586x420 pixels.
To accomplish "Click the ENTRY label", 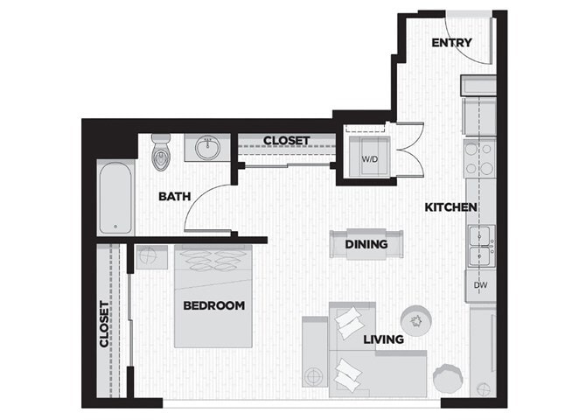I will coord(451,42).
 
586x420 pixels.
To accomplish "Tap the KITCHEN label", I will coord(450,207).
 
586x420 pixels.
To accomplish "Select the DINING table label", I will coord(366,244).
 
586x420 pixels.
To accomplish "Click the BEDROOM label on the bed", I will coord(213,305).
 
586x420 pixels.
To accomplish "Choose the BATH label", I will coord(175,196).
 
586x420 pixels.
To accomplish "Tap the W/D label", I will coord(369,160).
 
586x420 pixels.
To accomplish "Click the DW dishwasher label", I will coord(480,285).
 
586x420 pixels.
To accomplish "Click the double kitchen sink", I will coord(480,247).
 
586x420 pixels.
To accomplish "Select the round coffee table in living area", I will coord(414,320).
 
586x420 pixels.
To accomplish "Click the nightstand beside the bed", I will coord(150,259).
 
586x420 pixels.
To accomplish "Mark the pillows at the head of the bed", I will coord(214,262).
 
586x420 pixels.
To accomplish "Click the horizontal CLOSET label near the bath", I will coord(286,140).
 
